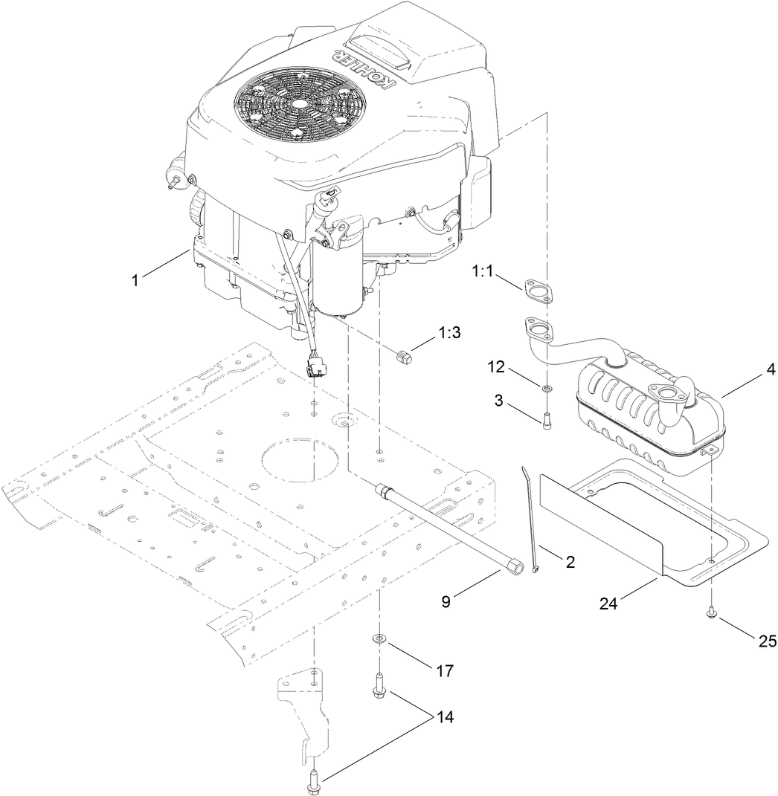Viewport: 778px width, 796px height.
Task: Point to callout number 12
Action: click(x=498, y=368)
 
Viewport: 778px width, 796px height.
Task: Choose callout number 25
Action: click(x=767, y=640)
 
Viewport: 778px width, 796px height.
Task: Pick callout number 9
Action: click(x=446, y=602)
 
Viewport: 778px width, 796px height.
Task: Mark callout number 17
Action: click(x=445, y=670)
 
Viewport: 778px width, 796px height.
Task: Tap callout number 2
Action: click(x=570, y=562)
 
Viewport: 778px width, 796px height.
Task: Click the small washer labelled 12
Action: click(x=547, y=388)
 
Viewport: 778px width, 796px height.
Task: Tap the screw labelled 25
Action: click(x=712, y=615)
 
